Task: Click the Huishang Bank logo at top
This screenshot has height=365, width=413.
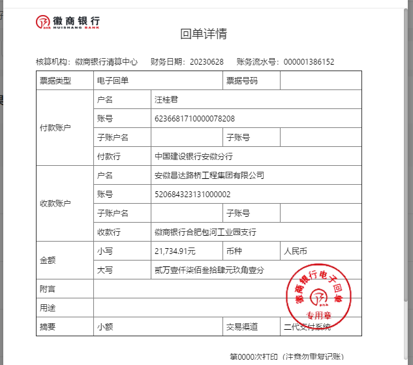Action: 67,22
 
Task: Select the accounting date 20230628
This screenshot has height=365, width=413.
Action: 207,62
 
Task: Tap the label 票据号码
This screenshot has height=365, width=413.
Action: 242,81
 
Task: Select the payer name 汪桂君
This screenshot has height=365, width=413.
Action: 166,100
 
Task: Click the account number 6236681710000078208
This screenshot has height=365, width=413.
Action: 194,119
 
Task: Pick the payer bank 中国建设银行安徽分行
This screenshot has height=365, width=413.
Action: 194,157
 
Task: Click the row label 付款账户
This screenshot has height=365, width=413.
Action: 55,128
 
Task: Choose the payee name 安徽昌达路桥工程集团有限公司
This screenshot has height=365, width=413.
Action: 209,176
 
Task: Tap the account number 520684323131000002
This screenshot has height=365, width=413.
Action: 192,195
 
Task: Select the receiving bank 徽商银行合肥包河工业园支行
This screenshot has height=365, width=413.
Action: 206,232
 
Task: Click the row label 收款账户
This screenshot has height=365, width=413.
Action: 55,204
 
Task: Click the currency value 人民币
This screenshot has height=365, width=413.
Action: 295,251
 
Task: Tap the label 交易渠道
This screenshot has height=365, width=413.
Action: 242,326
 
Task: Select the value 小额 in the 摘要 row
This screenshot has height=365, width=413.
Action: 105,326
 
